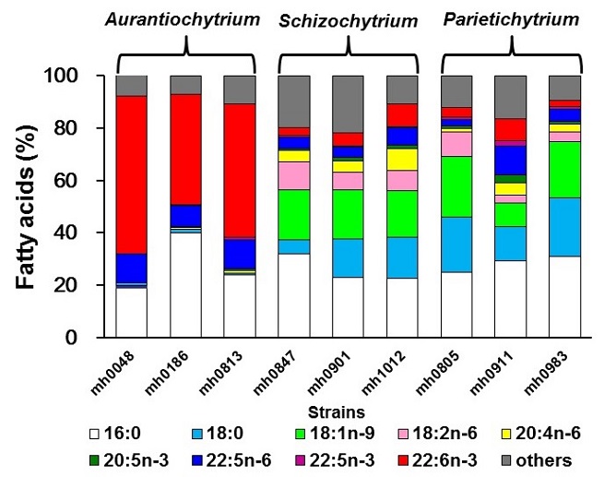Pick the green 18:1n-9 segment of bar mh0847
click(293, 214)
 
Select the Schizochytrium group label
click(347, 19)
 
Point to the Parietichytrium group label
click(510, 18)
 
